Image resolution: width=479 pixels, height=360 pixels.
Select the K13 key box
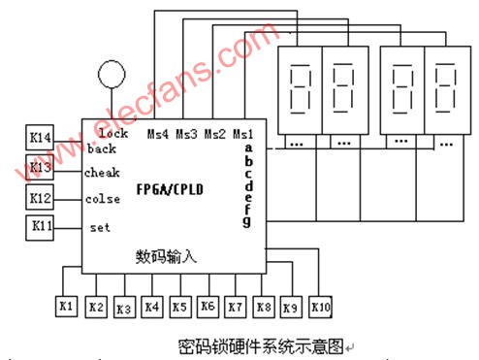click(40, 167)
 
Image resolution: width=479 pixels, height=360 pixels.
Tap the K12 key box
click(40, 198)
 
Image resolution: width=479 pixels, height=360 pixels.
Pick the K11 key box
click(40, 228)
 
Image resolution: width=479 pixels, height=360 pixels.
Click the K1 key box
click(67, 307)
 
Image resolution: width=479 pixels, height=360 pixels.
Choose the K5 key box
click(179, 307)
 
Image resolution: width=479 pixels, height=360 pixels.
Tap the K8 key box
click(263, 307)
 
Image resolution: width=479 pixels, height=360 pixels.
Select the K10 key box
click(321, 307)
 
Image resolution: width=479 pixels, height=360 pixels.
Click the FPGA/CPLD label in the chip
click(171, 187)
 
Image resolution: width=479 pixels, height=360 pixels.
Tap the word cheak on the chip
click(103, 173)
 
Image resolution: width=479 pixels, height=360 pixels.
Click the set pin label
click(100, 228)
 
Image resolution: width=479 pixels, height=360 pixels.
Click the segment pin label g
click(247, 221)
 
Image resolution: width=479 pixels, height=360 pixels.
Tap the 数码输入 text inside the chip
click(166, 255)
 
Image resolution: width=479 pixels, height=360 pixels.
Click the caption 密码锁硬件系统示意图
click(261, 344)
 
